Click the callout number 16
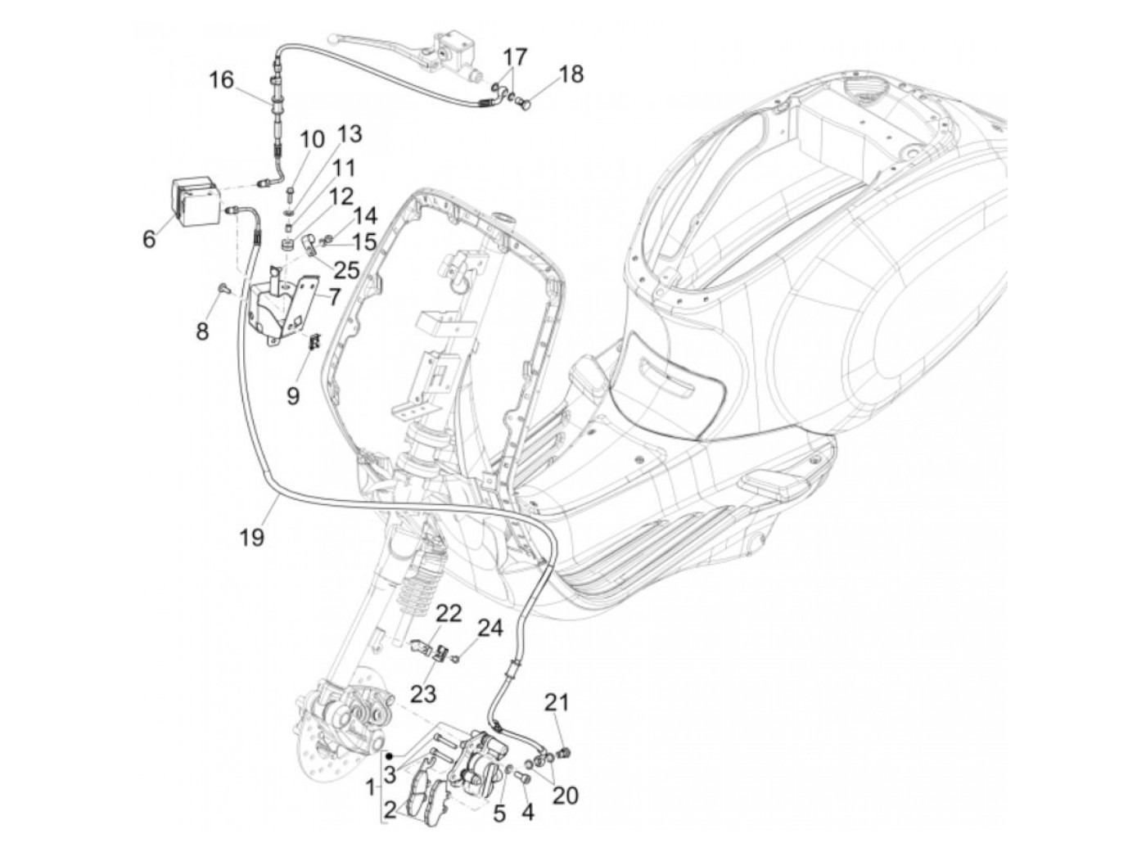click(220, 80)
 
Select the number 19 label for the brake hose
click(253, 537)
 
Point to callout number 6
click(148, 239)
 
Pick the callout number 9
click(293, 396)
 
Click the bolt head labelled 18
click(526, 105)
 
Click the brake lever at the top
click(364, 38)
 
